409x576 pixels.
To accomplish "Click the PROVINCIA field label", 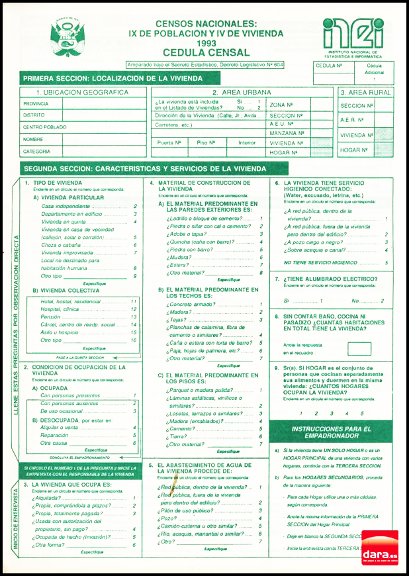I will pos(36,104).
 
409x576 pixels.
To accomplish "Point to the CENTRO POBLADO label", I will pos(44,127).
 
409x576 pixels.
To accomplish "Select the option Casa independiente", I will pos(66,207).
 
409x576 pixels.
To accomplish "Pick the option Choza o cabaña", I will pos(62,244).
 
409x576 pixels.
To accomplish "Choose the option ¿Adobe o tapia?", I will pos(187,234).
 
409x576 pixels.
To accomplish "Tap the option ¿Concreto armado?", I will pos(193,304).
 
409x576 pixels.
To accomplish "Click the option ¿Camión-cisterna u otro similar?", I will pos(205,526).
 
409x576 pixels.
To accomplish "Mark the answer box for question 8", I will pos(359,348).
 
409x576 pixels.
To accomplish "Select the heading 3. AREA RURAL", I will pos(365,93).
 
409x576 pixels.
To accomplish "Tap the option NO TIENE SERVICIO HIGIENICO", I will pos(321,263).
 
